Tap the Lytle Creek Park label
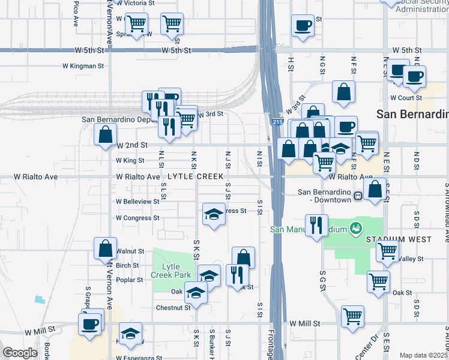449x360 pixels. (176, 271)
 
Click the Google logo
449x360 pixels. (20, 353)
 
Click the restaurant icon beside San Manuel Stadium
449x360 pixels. (317, 225)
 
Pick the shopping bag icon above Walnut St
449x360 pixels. (105, 248)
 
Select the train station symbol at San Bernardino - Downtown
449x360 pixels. (358, 196)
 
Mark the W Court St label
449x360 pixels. (403, 97)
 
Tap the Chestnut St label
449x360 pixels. (173, 308)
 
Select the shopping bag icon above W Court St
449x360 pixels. (344, 92)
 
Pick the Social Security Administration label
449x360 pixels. (420, 6)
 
